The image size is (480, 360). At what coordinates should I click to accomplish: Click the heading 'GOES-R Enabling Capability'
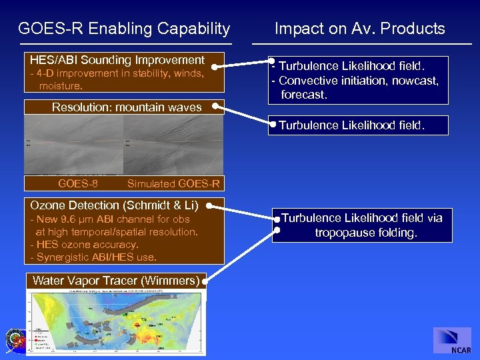coord(124,29)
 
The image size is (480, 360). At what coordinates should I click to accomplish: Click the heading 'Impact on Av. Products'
coord(359,29)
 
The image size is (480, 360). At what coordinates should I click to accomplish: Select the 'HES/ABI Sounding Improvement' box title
coord(117,60)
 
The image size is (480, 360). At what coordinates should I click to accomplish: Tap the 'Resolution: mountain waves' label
coord(127,107)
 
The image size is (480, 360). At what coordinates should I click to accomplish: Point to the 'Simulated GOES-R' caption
coord(173,184)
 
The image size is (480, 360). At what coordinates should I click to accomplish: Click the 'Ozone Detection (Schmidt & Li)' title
coord(114,205)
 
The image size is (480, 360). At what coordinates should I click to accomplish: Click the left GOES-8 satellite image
coord(73,145)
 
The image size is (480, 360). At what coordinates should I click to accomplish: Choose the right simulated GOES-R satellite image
coord(173,145)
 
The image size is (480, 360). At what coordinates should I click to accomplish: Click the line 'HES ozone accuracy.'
coord(87,245)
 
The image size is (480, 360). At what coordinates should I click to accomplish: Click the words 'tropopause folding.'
coord(366,233)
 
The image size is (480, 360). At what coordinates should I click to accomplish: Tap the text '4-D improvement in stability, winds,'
coord(117,74)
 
